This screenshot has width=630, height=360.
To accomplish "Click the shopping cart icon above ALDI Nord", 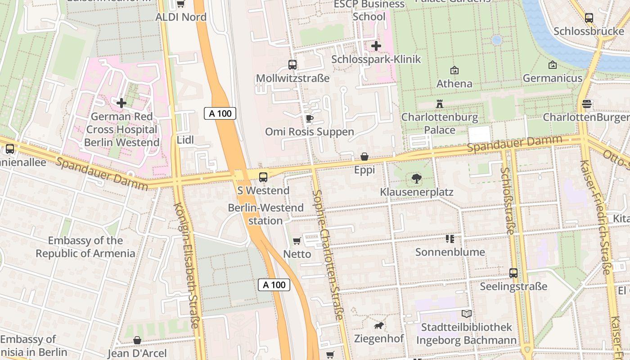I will pos(180,4).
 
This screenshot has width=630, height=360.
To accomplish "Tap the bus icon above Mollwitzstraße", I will pos(292,65).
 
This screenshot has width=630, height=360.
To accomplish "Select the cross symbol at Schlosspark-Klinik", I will pos(376,46).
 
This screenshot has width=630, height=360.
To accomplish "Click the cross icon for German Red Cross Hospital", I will pos(121,103).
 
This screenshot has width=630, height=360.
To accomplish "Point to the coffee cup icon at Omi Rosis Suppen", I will pos(309,119).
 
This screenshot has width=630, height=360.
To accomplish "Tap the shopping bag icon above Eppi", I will pos(364,157).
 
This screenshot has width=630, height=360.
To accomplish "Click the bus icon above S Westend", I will pos(263,177).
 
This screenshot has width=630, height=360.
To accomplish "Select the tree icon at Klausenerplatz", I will pos(417,179).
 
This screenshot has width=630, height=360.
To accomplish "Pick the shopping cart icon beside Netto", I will pos(297,241).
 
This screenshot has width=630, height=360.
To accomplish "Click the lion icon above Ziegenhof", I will pos(379,325).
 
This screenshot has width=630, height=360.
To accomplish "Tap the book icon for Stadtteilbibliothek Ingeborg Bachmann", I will pos(467,314).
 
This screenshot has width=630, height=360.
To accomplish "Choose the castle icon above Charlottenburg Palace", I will pos(440,104).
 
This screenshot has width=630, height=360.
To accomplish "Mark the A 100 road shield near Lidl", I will pos(220,113).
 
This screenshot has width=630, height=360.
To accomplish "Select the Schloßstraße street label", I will pos(507,201).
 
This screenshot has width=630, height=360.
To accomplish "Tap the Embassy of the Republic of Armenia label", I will pos(85,247).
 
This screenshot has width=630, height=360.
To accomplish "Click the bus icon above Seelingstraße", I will pos(513,273).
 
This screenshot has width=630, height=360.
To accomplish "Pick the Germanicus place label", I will pos(552,78).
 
